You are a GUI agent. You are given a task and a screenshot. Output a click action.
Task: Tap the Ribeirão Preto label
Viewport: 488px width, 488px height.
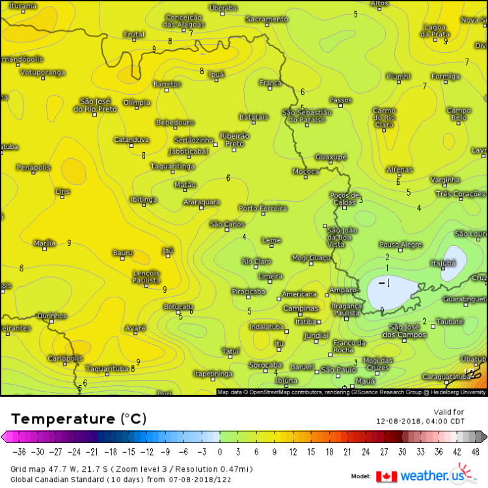pos(235,139)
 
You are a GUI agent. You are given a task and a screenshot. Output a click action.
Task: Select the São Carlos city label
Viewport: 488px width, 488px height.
pos(227,224)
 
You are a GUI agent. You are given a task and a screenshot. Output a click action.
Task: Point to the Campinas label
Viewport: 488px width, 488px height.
pos(300,308)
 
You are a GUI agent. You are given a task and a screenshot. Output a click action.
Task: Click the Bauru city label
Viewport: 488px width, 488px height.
pos(122,252)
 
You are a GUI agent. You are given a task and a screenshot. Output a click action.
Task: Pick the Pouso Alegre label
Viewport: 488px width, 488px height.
pos(401,245)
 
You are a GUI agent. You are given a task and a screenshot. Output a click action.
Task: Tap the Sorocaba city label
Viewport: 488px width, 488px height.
pos(265,365)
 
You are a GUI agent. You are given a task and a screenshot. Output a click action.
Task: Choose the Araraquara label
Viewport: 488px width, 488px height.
pos(201,202)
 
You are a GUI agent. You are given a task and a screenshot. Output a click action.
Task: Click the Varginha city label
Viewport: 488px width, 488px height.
pos(445,180)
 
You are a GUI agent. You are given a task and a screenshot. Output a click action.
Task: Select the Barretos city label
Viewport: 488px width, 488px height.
pos(167,85)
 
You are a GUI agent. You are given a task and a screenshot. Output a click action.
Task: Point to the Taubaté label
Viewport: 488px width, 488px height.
pos(450,321)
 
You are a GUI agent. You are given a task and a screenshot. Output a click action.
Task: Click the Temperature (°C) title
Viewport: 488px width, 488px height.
pos(78,418)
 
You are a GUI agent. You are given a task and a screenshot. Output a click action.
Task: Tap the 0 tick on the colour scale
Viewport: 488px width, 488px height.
pos(219,452)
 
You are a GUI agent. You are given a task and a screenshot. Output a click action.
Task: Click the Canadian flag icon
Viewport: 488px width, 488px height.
pos(386,476)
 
